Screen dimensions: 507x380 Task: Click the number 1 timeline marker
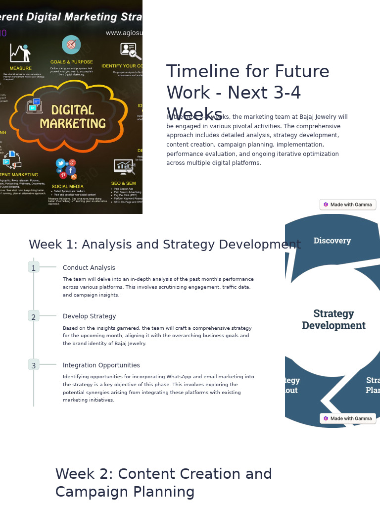click(x=34, y=268)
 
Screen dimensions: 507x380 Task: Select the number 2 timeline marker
click(x=34, y=317)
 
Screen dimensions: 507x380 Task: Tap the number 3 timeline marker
click(x=34, y=365)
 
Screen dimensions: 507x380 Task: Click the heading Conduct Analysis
click(x=89, y=268)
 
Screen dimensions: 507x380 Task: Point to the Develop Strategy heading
click(x=90, y=316)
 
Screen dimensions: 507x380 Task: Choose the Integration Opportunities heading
click(x=101, y=365)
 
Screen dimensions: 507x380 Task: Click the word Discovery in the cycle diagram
click(x=332, y=241)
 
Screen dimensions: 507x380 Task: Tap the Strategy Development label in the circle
click(x=333, y=319)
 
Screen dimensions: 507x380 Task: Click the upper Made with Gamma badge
click(x=348, y=204)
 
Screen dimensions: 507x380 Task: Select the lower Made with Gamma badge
click(x=348, y=418)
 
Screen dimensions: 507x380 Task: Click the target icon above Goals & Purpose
click(x=71, y=45)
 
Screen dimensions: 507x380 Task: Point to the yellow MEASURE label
click(x=20, y=68)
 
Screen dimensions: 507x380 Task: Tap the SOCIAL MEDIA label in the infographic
click(x=67, y=187)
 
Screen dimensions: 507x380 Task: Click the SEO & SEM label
click(x=124, y=184)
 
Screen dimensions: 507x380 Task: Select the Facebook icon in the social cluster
click(x=71, y=170)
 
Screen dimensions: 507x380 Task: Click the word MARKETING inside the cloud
click(x=73, y=123)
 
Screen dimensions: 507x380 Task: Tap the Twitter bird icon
click(x=60, y=163)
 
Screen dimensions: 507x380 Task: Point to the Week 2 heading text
click(x=163, y=483)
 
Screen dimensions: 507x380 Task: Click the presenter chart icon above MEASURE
click(x=20, y=53)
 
